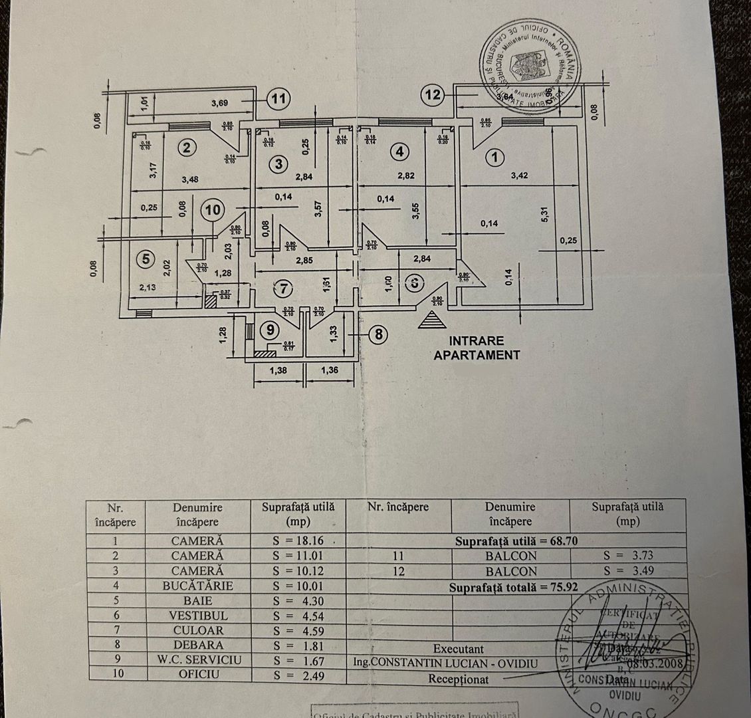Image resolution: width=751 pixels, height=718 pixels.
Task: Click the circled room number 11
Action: click(279, 99)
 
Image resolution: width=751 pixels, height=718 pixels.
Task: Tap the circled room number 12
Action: click(433, 95)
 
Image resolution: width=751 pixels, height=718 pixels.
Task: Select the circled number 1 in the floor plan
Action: click(495, 158)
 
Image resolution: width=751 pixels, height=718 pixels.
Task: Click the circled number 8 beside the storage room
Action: click(379, 333)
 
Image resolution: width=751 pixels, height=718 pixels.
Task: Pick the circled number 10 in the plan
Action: click(212, 210)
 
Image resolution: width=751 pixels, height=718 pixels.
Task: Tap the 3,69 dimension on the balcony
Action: click(224, 102)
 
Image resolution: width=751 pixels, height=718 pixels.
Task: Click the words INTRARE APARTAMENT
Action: click(477, 348)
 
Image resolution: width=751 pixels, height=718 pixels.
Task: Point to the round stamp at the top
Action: click(530, 65)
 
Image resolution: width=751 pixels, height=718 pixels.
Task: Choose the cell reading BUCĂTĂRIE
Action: click(197, 586)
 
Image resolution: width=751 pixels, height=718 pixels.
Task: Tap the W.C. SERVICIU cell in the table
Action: click(197, 660)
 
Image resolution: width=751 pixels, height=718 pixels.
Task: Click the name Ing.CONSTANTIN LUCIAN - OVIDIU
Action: click(443, 663)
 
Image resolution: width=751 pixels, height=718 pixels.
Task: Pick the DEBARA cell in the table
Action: click(197, 645)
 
